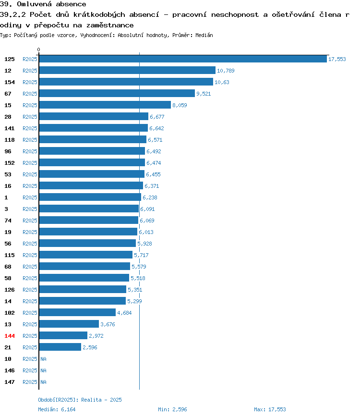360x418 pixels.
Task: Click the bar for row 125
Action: pos(183,59)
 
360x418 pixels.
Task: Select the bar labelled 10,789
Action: pos(127,70)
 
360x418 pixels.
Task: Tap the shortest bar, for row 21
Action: pos(60,347)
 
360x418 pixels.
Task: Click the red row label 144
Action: pos(10,336)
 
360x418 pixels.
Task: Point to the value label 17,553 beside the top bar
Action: pos(337,59)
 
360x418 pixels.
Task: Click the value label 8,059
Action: pos(180,105)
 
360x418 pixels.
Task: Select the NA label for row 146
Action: pos(43,370)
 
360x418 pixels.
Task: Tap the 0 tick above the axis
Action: pos(38,49)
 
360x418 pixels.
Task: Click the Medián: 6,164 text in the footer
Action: pos(57,409)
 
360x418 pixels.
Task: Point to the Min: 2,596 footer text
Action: pos(172,409)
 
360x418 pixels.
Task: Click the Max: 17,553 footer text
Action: pos(270,409)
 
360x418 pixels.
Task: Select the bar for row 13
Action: pos(69,324)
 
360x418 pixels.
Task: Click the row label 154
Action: pos(10,82)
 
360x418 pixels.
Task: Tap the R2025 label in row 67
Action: pos(30,94)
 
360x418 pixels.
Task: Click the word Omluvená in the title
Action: pos(34,4)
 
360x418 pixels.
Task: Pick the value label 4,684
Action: pos(124,313)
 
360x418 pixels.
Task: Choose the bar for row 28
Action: pos(94,116)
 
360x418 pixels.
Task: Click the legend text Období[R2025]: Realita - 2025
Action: pos(80,400)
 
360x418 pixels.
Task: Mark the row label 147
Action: pos(10,382)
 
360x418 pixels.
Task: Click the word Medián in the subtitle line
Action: pos(204,35)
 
